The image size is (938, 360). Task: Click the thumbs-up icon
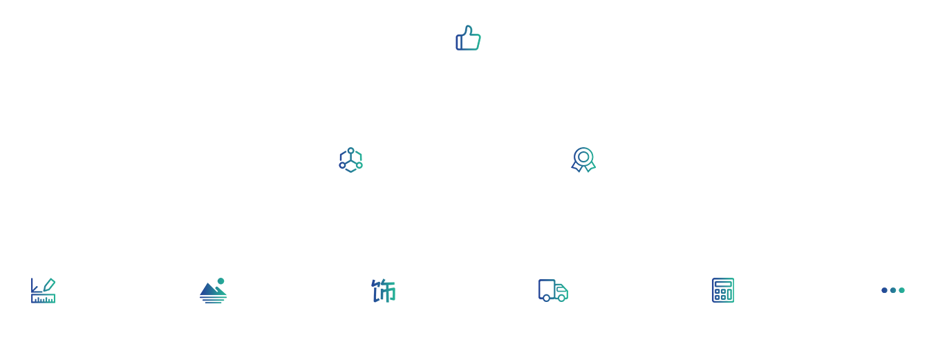tap(468, 38)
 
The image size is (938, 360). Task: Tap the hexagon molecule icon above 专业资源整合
tap(350, 160)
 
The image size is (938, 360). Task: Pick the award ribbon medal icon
tap(583, 160)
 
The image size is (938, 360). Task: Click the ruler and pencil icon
tap(43, 290)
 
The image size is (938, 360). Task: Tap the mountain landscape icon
tap(212, 291)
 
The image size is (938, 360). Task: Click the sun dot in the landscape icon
tap(221, 281)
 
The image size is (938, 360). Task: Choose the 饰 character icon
tap(384, 291)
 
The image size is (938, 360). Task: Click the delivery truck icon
tap(553, 290)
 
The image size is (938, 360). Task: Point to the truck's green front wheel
tap(562, 299)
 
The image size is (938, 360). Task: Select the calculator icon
tap(723, 290)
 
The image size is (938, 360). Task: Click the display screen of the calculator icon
tap(723, 283)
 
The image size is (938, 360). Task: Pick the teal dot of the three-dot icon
tap(901, 290)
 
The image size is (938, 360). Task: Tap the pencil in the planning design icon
tap(48, 284)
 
